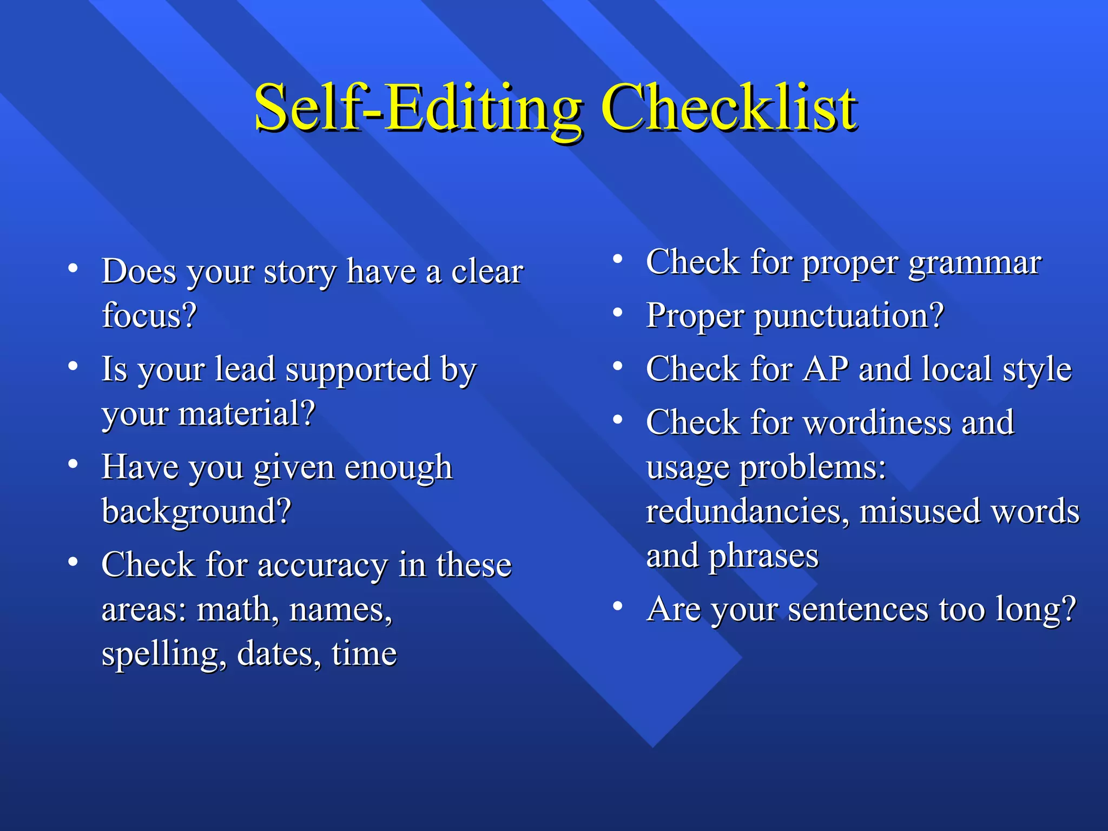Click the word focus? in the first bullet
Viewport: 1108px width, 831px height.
[149, 315]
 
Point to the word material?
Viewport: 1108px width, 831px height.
[247, 413]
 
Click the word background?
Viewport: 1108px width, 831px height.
[196, 511]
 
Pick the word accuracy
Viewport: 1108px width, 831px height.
[322, 565]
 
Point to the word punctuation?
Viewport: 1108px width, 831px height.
[849, 316]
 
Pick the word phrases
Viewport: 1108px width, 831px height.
[763, 557]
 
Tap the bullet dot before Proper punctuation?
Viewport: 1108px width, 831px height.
[617, 313]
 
